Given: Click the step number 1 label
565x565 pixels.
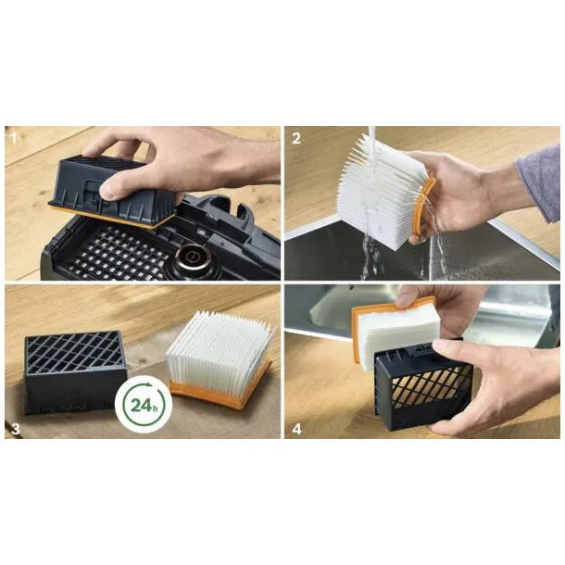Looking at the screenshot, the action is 14,138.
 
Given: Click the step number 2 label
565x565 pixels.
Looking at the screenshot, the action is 296,138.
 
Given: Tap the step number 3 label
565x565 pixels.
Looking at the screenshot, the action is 15,429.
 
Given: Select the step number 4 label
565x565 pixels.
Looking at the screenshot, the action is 296,429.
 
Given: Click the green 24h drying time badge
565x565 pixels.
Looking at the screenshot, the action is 144,405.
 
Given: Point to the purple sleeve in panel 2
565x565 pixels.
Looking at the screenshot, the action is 539,182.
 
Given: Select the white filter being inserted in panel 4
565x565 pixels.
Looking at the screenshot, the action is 396,332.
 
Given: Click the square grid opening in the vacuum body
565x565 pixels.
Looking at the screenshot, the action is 119,252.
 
